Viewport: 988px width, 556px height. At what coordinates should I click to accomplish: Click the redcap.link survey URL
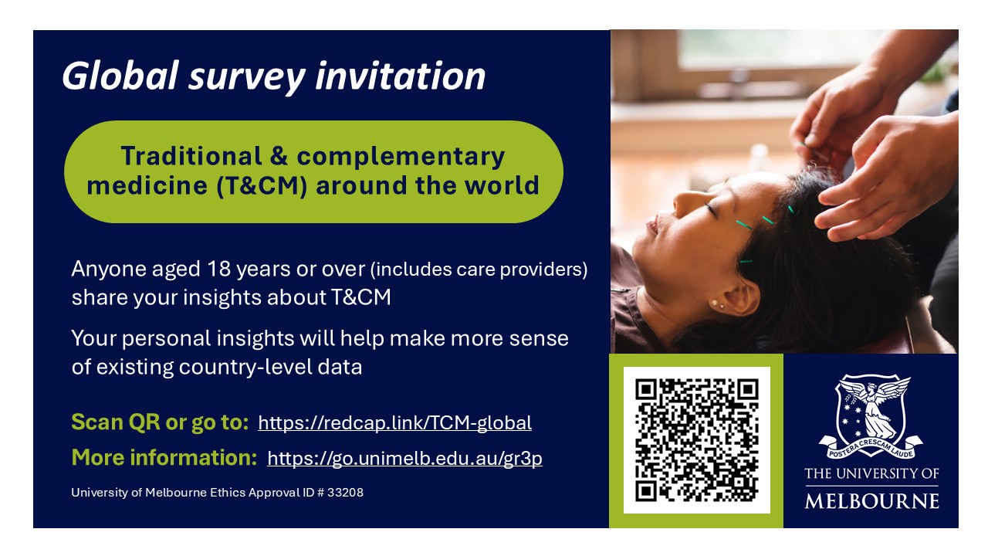pos(394,423)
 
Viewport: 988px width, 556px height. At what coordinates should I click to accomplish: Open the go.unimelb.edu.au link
pos(404,459)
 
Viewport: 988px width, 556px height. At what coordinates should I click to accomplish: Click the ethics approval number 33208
pos(347,492)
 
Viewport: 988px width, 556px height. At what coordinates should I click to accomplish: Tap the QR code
pos(696,440)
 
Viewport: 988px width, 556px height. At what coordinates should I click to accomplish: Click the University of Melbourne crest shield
pos(871,409)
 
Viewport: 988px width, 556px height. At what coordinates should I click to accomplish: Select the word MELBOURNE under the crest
pos(871,501)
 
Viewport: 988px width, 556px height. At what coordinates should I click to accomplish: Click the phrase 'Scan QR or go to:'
pos(160,422)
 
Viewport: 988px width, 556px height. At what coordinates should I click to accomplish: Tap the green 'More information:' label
pos(164,458)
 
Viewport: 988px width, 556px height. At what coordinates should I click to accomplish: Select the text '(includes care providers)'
pos(479,270)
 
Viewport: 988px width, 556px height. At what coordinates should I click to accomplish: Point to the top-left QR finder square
pos(646,389)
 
